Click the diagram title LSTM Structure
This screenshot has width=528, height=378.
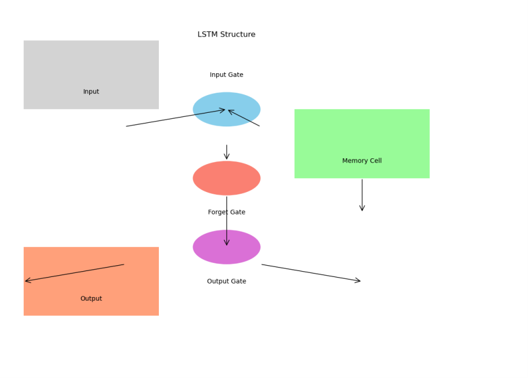pyautogui.click(x=226, y=35)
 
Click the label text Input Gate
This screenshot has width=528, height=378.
pyautogui.click(x=226, y=75)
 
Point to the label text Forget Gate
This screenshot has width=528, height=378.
pyautogui.click(x=226, y=213)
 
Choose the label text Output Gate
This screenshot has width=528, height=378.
pyautogui.click(x=226, y=282)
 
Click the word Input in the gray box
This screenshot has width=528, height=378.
pyautogui.click(x=91, y=92)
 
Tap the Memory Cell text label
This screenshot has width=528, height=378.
pyautogui.click(x=361, y=161)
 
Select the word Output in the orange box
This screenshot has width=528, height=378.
pyautogui.click(x=91, y=299)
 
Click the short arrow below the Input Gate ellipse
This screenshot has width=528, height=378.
pyautogui.click(x=226, y=152)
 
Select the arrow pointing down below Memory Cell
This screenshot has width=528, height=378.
pyautogui.click(x=362, y=195)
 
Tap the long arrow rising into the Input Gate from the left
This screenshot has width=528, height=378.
pyautogui.click(x=175, y=118)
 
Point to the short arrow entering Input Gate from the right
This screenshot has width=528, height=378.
pyautogui.click(x=244, y=118)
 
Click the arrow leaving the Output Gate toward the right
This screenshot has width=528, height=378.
pyautogui.click(x=311, y=273)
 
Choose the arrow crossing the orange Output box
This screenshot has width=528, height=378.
pyautogui.click(x=74, y=273)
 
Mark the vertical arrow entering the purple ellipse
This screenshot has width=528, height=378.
pyautogui.click(x=226, y=221)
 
